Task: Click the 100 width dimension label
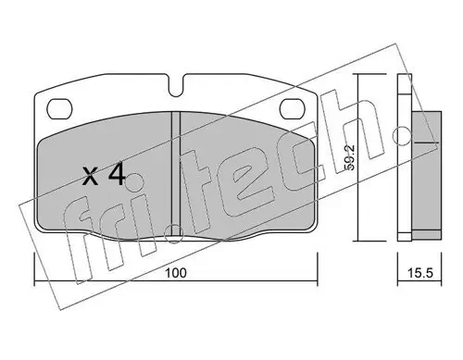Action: [176, 273]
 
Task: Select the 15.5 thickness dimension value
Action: [420, 273]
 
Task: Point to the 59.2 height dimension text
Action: [351, 157]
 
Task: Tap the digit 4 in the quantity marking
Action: [118, 174]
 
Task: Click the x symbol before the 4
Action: [91, 178]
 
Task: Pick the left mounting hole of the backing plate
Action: [59, 108]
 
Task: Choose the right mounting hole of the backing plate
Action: [292, 108]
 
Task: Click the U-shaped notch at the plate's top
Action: [176, 86]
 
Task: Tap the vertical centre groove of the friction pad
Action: [176, 173]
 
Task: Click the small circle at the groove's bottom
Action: [174, 234]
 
